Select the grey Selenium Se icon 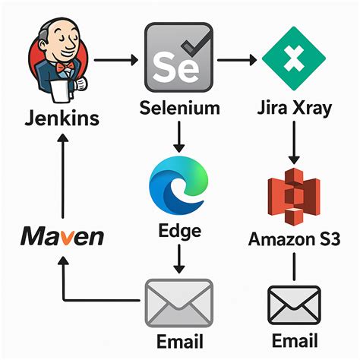[x=178, y=56]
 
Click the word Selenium [x=180, y=108]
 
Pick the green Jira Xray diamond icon [x=292, y=58]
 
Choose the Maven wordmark [x=62, y=237]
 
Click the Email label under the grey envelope [x=179, y=339]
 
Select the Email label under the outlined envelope [x=294, y=339]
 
